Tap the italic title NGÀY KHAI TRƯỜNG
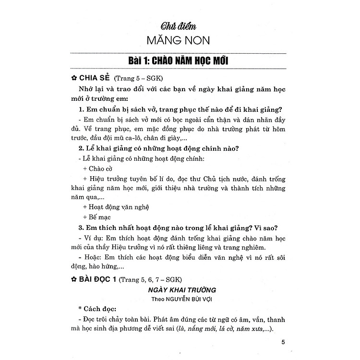(x=180, y=290)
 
